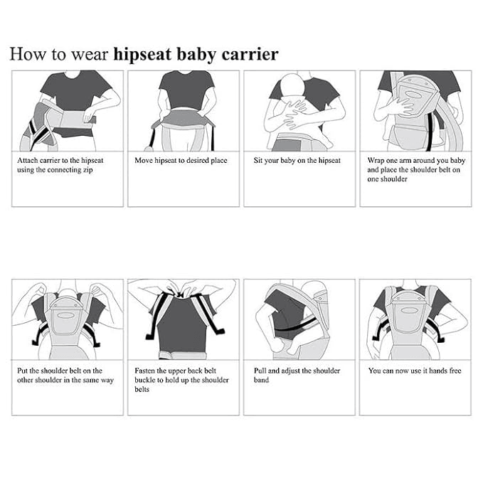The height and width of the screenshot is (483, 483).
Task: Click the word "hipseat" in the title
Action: [142, 55]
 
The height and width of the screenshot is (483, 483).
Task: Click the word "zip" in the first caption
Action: [87, 170]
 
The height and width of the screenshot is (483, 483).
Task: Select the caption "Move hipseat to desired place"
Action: [181, 161]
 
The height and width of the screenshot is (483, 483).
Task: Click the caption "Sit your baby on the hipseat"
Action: [297, 161]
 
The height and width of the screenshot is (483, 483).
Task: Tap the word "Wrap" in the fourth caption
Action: [375, 161]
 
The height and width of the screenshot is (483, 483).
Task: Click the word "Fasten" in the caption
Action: [145, 371]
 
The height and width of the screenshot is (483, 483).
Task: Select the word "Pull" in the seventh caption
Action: [260, 371]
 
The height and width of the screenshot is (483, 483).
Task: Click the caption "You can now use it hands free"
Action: [415, 371]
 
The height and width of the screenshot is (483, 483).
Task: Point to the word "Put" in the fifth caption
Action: [23, 371]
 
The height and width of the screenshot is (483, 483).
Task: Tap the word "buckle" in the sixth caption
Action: [144, 380]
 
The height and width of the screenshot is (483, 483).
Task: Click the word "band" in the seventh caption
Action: [261, 380]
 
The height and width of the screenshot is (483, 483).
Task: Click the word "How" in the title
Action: [28, 54]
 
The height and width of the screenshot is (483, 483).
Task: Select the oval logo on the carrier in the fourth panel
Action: [413, 95]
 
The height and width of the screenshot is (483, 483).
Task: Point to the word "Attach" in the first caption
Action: [28, 161]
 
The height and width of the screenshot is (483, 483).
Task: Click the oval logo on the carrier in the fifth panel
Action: [65, 315]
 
